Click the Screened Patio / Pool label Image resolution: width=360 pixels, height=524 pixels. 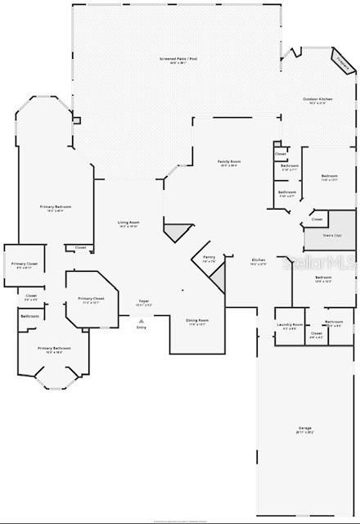[173, 60]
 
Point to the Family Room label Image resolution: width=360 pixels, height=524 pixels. [228, 161]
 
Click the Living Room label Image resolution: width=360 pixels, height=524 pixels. [128, 223]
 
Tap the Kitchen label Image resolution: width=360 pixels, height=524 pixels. [259, 260]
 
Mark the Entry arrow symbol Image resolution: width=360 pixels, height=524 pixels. [142, 321]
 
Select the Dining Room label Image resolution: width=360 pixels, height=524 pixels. [197, 320]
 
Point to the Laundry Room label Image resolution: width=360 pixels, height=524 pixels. [292, 325]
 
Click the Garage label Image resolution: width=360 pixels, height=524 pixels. [304, 429]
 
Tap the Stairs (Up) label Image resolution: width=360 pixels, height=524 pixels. [329, 236]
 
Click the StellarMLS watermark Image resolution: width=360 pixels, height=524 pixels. [319, 263]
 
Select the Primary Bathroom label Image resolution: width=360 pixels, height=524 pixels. [54, 349]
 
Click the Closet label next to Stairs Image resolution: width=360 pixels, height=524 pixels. [317, 219]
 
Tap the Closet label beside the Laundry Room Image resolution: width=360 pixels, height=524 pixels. [317, 333]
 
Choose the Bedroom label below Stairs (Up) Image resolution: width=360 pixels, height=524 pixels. [323, 278]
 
